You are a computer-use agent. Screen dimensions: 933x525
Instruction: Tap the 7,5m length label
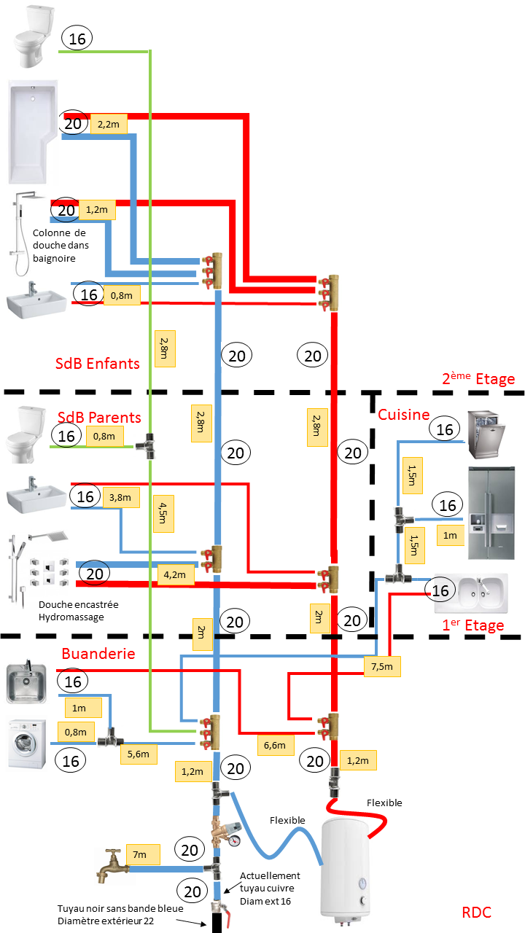coord(382,667)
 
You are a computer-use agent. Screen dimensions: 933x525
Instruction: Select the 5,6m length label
coord(139,754)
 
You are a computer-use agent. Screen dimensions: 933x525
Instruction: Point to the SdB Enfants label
coord(98,363)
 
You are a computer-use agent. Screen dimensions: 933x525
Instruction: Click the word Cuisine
coord(403,414)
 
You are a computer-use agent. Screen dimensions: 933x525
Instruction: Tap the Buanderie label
coord(98,653)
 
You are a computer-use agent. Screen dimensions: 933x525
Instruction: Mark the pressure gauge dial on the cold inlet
coord(234,840)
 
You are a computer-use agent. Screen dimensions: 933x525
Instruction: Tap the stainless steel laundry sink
coord(26,684)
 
